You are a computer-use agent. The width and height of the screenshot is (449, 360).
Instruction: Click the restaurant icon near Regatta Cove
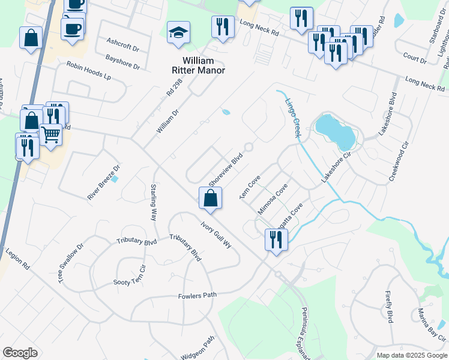(x=276, y=240)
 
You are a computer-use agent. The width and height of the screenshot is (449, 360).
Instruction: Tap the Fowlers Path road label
(x=197, y=295)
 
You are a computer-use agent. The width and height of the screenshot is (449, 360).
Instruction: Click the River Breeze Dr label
(x=104, y=182)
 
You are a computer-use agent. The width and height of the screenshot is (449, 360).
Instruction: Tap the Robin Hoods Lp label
(x=89, y=71)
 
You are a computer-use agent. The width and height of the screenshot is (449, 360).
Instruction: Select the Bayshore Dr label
(x=122, y=62)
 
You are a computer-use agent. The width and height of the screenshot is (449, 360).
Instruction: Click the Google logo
(x=20, y=353)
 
